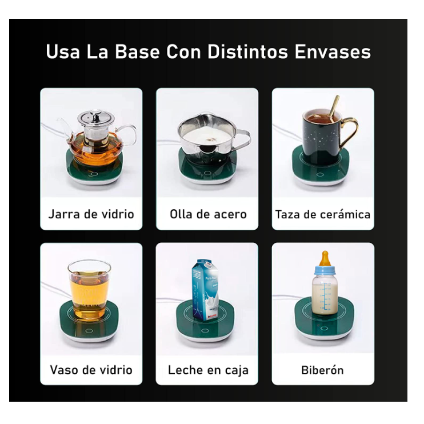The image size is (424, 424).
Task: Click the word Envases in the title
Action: (333, 52)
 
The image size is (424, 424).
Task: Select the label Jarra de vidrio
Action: (91, 214)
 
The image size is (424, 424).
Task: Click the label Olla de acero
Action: (208, 214)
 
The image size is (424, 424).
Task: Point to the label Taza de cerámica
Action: (323, 215)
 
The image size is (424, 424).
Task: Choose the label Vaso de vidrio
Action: (91, 370)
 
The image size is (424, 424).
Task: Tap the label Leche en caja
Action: (208, 370)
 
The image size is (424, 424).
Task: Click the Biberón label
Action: (323, 370)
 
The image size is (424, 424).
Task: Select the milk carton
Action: (205, 290)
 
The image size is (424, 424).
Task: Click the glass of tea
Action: (89, 290)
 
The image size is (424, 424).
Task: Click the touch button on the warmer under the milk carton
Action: (206, 330)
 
